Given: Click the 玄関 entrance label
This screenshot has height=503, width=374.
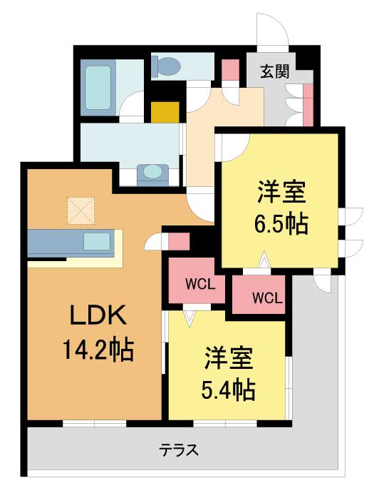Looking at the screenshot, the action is coord(275,71).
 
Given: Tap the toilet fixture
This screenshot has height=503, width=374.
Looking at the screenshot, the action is coord(166,66).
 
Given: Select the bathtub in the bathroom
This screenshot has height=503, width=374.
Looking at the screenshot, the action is coord(98,88).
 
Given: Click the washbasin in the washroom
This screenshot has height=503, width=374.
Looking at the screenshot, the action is coord(152,175).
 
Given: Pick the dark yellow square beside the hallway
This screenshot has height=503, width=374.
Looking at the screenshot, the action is coord(165,112).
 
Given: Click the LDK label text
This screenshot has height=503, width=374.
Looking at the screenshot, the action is coord(98,315).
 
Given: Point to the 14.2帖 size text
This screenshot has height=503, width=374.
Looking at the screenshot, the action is coord(98,350).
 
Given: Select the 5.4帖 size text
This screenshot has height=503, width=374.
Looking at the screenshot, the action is coord(228,389).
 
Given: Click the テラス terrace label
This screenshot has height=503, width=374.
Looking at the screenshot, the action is coord(180,450).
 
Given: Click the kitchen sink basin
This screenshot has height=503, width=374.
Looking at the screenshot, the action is coord(97,241).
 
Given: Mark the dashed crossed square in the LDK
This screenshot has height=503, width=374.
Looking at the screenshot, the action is coord(81,210).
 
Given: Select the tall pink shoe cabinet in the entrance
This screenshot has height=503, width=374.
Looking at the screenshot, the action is coord(308,105).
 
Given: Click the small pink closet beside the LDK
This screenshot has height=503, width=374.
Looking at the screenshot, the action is coord(179,242).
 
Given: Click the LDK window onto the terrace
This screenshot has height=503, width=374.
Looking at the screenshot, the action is coord(95,423).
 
